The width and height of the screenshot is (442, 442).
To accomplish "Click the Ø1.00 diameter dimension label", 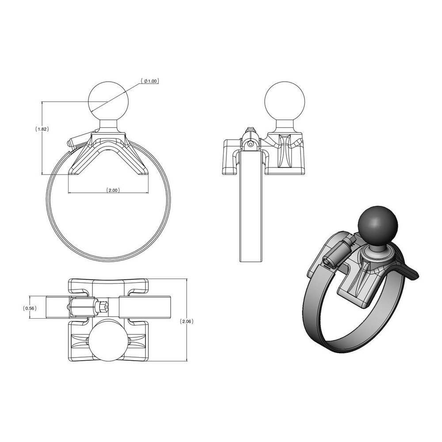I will (150, 81).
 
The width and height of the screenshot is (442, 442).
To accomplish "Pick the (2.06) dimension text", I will (187, 321).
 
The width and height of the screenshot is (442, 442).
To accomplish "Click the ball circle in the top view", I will (108, 339).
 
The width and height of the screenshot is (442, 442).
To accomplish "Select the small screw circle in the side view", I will (251, 144).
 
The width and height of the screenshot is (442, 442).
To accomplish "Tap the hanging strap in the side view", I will (251, 208).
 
